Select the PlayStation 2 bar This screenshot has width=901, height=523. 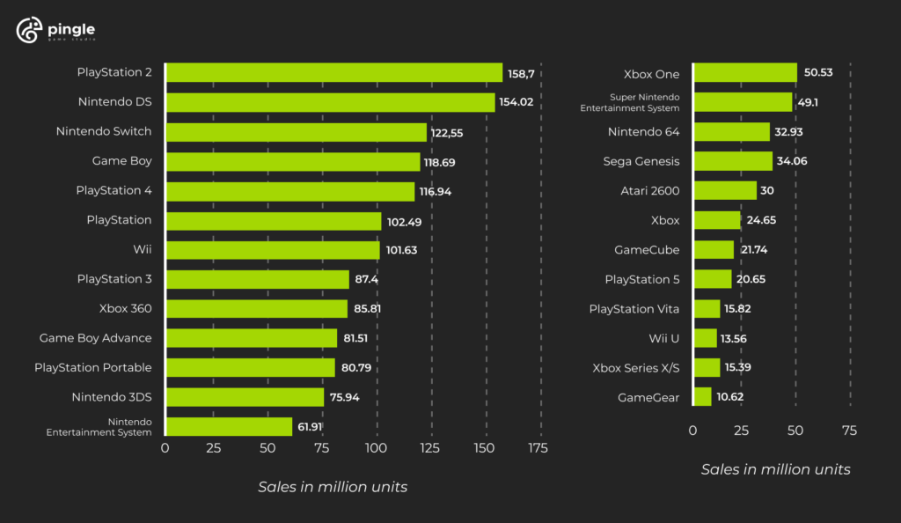tap(333, 72)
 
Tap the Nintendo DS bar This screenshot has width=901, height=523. tap(330, 102)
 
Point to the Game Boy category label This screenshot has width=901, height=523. tap(121, 161)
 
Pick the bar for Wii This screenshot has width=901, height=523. tap(273, 250)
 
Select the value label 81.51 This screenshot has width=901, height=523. tap(360, 339)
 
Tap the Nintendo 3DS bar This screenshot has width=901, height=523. tap(245, 397)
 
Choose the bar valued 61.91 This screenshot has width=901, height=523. tap(229, 427)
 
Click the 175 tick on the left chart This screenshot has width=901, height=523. tap(537, 448)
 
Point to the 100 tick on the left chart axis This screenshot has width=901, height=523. tap(377, 448)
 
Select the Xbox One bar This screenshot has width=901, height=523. tap(745, 72)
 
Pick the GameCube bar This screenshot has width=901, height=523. tap(714, 250)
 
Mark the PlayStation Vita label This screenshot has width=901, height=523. tap(634, 309)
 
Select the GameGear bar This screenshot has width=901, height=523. tap(702, 397)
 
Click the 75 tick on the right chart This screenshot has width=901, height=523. tap(848, 431)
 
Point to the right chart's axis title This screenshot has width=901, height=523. tap(775, 470)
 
